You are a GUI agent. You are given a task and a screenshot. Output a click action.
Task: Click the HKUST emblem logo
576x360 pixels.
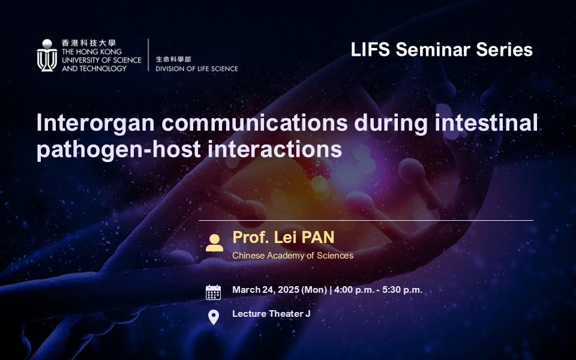(47, 56)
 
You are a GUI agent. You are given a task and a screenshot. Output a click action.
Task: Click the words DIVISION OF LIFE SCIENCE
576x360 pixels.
(196, 68)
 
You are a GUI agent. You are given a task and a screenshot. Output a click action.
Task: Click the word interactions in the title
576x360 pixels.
(264, 149)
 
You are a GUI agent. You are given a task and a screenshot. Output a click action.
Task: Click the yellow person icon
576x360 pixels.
(214, 242)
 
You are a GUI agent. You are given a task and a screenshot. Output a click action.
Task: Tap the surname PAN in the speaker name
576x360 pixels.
(314, 237)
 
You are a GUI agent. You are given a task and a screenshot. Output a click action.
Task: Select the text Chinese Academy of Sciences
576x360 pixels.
(293, 256)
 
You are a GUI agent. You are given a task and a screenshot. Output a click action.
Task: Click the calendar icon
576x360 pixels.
(214, 292)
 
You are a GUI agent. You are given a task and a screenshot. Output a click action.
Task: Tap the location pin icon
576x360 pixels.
(214, 317)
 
